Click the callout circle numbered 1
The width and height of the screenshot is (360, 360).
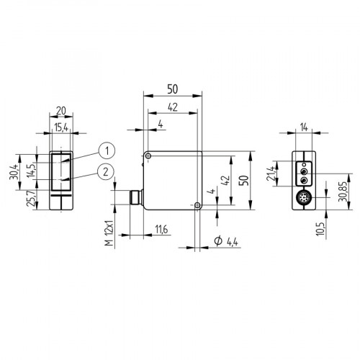106,150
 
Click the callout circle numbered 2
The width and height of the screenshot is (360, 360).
106,171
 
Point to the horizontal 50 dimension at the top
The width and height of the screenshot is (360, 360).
173,89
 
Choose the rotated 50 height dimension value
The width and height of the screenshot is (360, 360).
243,180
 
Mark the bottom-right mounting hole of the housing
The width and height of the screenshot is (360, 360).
198,206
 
